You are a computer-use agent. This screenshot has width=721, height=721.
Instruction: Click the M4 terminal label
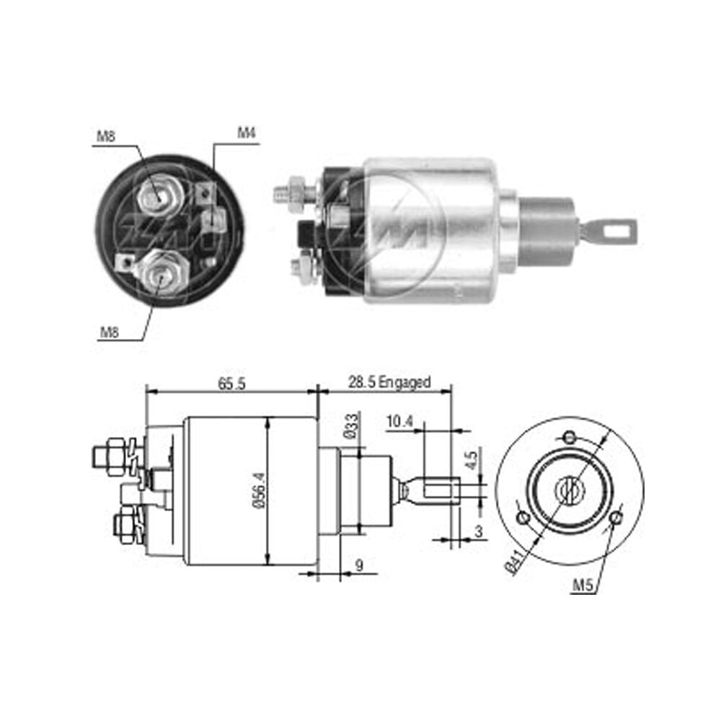click(x=246, y=133)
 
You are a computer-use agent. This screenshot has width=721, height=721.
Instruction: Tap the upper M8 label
click(x=106, y=136)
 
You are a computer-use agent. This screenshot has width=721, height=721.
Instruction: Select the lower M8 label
click(x=110, y=332)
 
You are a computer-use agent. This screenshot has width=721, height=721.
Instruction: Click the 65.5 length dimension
click(x=231, y=383)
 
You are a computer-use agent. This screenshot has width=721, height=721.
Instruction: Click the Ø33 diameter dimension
click(x=352, y=426)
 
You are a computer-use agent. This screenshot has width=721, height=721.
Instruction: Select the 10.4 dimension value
click(x=399, y=421)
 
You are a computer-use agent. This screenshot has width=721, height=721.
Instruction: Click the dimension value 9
click(x=359, y=565)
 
